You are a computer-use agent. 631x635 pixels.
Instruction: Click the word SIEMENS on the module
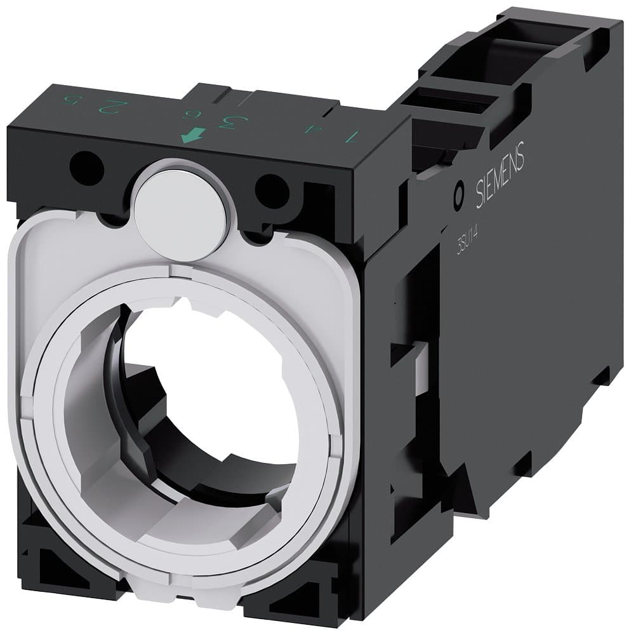tap(501, 172)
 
